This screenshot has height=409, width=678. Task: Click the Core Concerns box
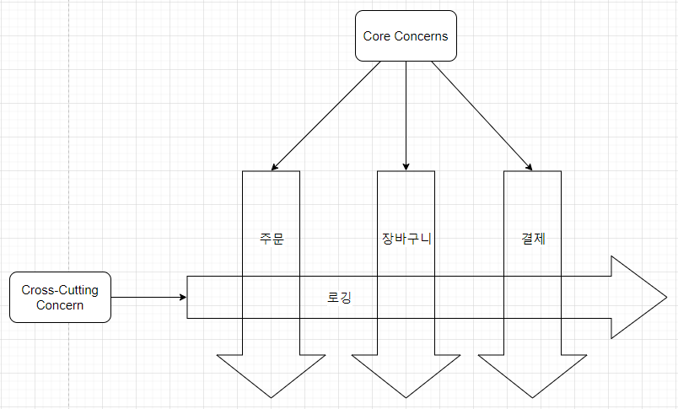(406, 36)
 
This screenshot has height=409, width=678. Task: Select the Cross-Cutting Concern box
(60, 297)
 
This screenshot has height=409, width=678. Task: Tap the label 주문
(272, 238)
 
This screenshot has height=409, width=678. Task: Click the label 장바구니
(406, 238)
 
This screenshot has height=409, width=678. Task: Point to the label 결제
(533, 238)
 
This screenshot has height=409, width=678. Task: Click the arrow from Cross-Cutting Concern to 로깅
(148, 297)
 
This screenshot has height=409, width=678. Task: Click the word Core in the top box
(377, 36)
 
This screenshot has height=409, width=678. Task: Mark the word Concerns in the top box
(422, 36)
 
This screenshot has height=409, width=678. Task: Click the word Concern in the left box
(60, 305)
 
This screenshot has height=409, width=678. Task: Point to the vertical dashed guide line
(69, 169)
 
